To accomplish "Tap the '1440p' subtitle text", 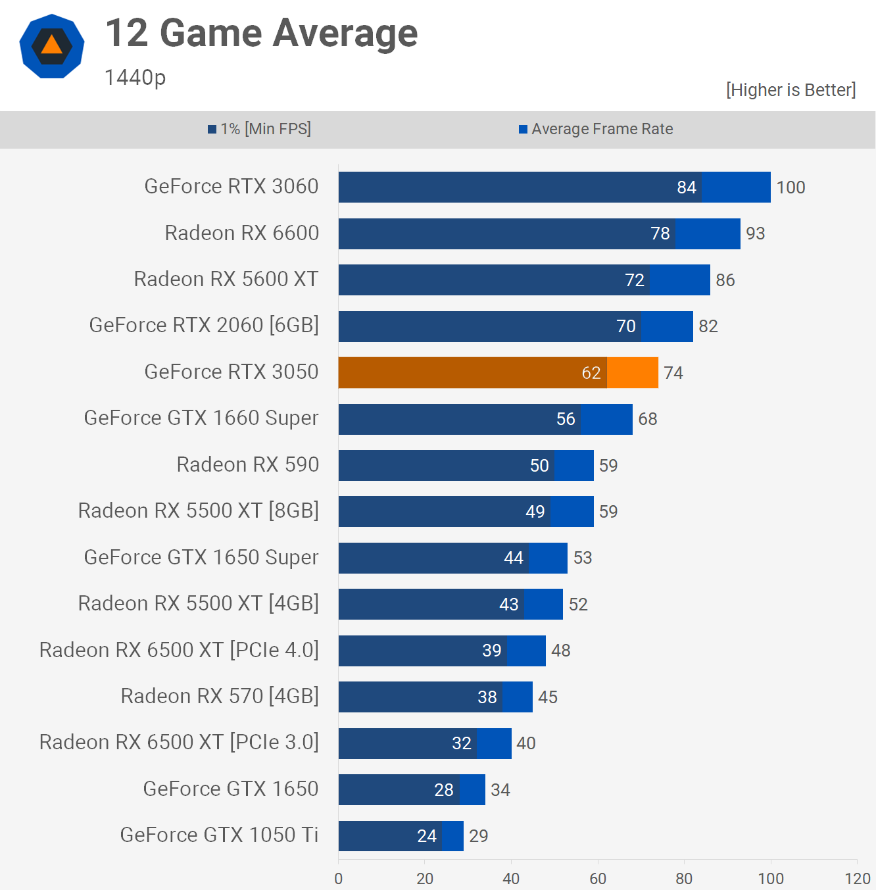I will [x=135, y=78].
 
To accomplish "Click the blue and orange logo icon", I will [x=52, y=46].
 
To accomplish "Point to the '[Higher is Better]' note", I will [x=791, y=90].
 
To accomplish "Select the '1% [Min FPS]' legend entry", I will [x=260, y=129].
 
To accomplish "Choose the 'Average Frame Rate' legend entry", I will [x=596, y=129].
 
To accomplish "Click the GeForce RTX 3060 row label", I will [x=231, y=187].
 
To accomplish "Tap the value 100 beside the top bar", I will [x=791, y=187].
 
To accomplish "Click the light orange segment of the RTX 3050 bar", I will [x=633, y=373].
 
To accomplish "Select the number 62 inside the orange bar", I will [x=591, y=373].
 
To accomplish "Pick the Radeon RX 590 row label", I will [x=248, y=465].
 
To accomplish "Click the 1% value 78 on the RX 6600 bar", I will [x=660, y=234].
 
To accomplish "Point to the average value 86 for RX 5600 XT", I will [x=725, y=280].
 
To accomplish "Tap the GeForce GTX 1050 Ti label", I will [x=219, y=835].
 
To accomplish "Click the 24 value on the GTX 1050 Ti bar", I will [x=427, y=836].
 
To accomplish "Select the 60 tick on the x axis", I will [x=598, y=879].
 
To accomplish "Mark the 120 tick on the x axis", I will [x=857, y=879].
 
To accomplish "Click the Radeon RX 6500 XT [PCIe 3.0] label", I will [x=179, y=743].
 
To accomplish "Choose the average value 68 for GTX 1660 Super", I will [x=648, y=419].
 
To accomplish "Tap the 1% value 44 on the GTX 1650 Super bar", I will [x=514, y=558].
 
